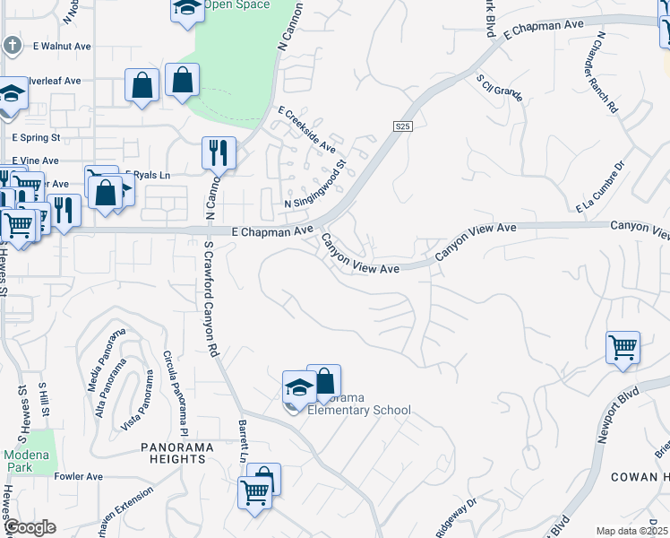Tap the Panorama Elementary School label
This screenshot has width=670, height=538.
click(358, 404)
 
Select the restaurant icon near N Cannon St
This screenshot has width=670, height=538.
click(219, 153)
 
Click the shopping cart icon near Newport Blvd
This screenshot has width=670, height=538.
click(623, 346)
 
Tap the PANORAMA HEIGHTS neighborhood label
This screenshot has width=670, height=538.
click(173, 453)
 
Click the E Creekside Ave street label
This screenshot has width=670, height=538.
click(306, 129)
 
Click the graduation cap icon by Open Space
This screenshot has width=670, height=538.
click(186, 9)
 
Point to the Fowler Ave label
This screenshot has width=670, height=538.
click(78, 475)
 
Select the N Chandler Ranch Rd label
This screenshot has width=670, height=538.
click(606, 71)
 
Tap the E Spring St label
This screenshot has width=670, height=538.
click(36, 138)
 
